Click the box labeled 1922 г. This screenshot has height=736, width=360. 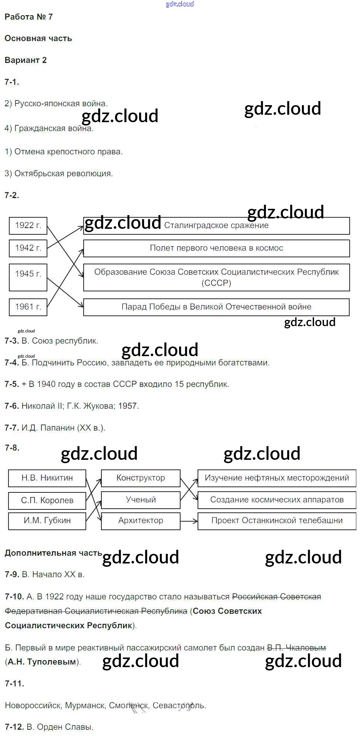pos(28,225)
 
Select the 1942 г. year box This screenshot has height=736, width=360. pos(28,248)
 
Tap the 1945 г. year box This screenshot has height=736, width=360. pos(28,277)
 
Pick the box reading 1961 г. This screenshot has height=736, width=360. pos(28,307)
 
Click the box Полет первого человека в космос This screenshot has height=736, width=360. pos(216,248)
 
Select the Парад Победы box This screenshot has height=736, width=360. pos(216,307)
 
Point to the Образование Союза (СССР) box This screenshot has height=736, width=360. pos(216,277)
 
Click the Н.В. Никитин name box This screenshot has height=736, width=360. pos(47,478)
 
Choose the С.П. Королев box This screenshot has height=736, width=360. pos(47,501)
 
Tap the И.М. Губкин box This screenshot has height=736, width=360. pos(47,521)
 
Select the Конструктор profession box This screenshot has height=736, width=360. pos(141,478)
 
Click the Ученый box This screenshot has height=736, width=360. pos(141,500)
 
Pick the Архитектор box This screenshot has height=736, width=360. pos(141,521)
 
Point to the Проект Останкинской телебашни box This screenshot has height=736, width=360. pos(277,521)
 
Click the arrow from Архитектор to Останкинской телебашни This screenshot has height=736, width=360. pos(189,521)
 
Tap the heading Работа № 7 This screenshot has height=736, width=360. pos(29,17)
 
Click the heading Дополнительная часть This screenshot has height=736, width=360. pos(53,553)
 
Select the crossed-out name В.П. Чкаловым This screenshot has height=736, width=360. pos(296,648)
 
